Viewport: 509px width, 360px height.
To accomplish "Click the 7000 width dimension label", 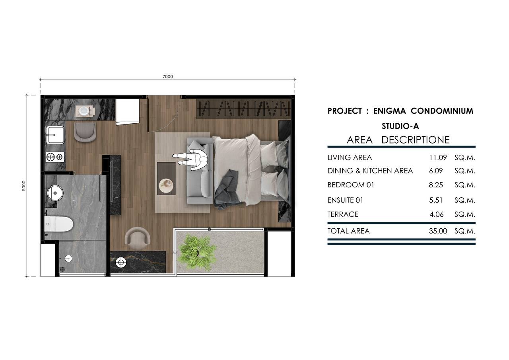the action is pos(168,77).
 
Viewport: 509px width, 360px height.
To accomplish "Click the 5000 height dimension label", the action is pos(23,186).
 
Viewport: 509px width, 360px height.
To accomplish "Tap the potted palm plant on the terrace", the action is pos(198,252).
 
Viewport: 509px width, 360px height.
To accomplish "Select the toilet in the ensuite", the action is pos(58,224).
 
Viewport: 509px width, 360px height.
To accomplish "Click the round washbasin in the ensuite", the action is pos(55,193).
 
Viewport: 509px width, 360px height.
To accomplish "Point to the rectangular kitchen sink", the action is pos(55,135).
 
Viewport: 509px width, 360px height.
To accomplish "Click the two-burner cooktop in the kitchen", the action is pos(55,157).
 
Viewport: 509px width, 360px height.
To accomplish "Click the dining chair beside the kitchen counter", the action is pos(85,132).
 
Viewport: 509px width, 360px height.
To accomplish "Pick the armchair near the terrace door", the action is pos(137,238).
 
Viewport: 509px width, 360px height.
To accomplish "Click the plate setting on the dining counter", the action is pos(85,111).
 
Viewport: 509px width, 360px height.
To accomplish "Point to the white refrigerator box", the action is pos(128,112).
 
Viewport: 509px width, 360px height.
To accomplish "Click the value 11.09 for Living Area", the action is pos(438,158).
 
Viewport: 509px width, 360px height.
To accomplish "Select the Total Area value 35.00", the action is pos(438,231).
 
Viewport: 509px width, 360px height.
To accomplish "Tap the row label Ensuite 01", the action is pos(345,200).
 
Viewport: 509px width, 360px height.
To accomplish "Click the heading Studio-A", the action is pos(400,126).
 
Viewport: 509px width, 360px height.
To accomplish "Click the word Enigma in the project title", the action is pos(389,111).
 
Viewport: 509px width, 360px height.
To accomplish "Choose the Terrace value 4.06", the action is pos(437,214).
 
